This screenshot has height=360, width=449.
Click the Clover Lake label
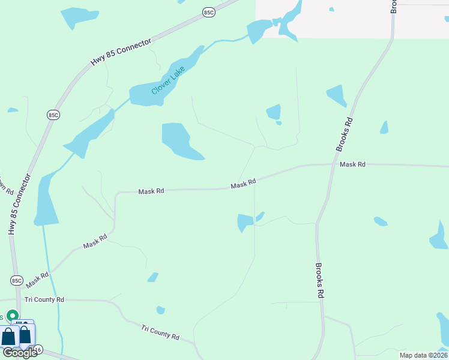168,79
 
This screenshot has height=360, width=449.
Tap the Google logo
19,352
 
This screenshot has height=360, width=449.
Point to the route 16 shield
38,349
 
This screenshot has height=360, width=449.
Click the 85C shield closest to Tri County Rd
16,280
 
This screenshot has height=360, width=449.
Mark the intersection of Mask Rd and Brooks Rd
331,164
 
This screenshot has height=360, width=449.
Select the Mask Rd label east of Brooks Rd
352,164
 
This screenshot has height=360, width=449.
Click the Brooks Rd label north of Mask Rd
345,134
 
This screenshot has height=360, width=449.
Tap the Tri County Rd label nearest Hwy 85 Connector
44,299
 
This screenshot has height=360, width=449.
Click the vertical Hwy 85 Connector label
20,205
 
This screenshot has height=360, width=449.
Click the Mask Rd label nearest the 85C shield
37,278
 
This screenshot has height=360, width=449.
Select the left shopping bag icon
9,336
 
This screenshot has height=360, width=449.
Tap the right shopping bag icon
26,335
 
